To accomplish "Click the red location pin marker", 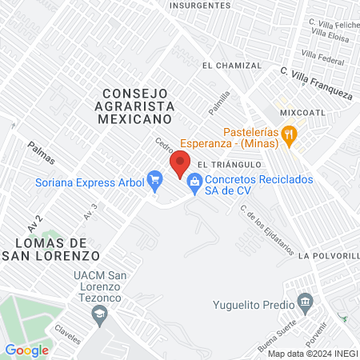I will pos(179,166).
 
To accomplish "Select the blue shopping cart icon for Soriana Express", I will pos(154,180).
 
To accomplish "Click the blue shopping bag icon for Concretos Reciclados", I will pos(194,183).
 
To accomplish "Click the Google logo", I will pos(27,350).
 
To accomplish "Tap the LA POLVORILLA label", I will pos(328,255).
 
